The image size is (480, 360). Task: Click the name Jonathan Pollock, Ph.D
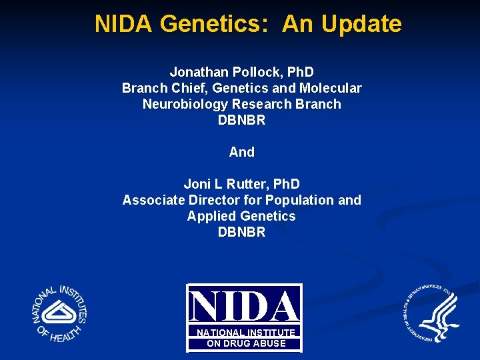point(241,72)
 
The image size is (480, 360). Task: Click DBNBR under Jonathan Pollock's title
point(241,120)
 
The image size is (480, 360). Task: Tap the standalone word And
point(241,152)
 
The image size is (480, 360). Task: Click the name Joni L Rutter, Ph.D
point(241,184)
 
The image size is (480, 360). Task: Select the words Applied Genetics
point(241,216)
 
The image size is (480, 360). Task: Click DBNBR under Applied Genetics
point(241,232)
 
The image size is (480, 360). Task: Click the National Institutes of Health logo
point(60,313)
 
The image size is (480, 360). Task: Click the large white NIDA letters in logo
point(244,307)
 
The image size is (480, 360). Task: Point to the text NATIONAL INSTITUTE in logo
point(245,332)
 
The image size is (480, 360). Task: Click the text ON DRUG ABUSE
point(245,343)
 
